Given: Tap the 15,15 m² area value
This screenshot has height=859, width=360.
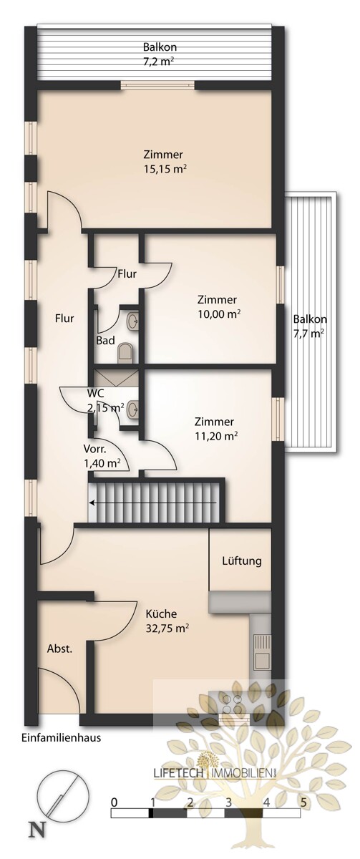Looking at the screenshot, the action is pos(165,170).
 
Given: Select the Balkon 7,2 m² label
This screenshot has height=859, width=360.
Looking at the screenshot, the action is pos(160,54).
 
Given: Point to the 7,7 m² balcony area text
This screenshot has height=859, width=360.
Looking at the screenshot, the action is pos(309,334).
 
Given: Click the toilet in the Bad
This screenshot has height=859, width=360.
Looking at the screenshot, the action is pos(125,352).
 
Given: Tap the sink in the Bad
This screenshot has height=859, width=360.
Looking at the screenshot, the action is pos(132,320).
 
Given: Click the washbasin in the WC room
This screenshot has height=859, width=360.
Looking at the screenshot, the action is pos(132,409).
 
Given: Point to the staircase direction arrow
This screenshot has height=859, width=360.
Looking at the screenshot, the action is pos(152,502).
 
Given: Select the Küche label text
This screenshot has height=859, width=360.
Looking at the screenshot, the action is pos(161,613).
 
